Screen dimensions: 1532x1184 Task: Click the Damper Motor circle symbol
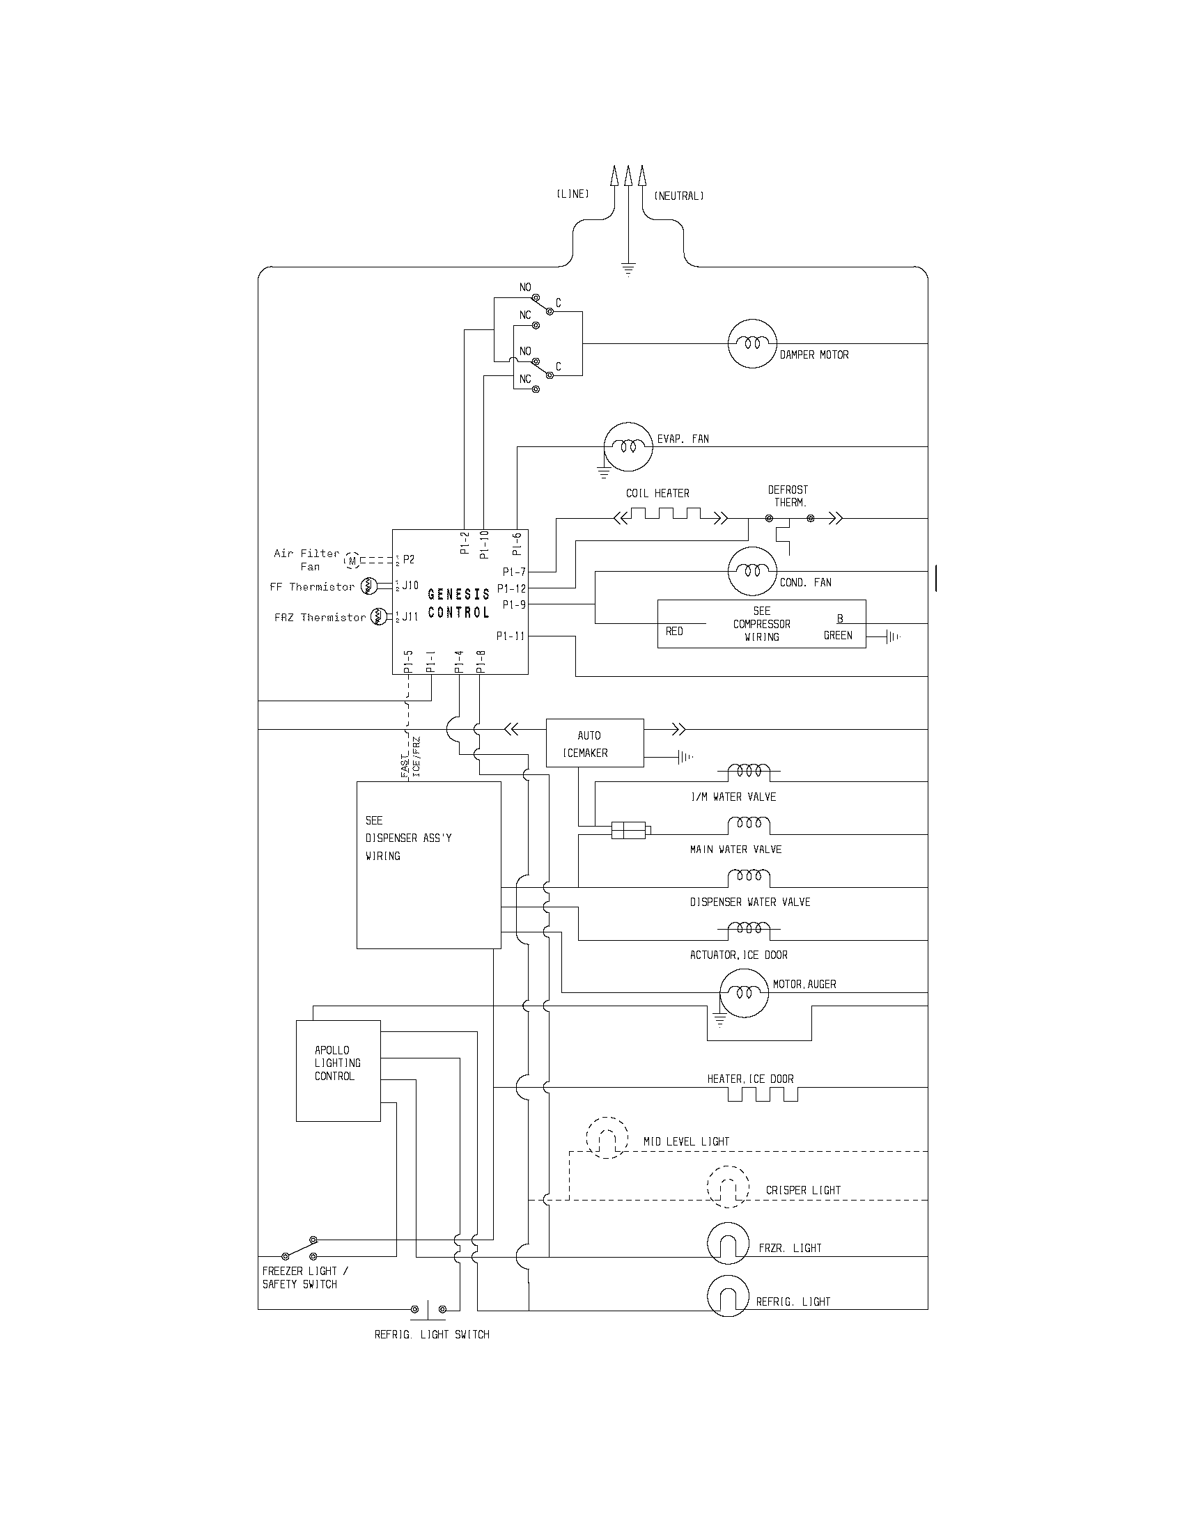(x=752, y=344)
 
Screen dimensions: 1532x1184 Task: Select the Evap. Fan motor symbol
(x=628, y=447)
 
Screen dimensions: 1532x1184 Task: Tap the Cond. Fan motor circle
(x=752, y=571)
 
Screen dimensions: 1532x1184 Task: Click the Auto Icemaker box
(x=595, y=744)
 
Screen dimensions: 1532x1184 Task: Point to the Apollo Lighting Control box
(x=338, y=1071)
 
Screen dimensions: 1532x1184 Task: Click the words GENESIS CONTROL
(x=459, y=603)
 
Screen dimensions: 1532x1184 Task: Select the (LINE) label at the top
(x=572, y=194)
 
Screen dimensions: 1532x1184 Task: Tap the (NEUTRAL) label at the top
(x=678, y=196)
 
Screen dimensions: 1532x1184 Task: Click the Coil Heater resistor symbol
(x=671, y=518)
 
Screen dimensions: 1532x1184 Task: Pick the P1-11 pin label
(x=511, y=636)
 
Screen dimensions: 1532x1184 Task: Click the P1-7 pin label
(x=514, y=572)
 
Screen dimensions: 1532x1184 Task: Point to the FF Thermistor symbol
(x=370, y=586)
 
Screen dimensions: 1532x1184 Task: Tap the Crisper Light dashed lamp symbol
(x=728, y=1187)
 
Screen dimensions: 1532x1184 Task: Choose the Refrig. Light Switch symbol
(x=428, y=1309)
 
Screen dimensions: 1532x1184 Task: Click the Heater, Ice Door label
(x=750, y=1079)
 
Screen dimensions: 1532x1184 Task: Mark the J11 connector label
(x=410, y=616)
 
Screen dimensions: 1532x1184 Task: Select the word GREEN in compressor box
(x=837, y=636)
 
